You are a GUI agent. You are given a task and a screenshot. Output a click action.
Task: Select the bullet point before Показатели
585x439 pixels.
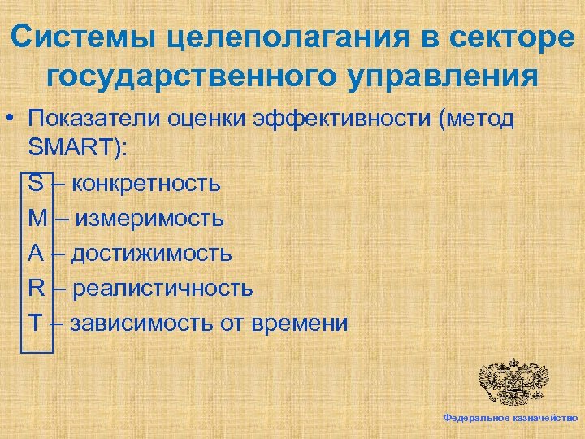click(x=14, y=120)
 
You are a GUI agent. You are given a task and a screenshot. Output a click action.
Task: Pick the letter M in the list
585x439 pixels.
click(x=37, y=218)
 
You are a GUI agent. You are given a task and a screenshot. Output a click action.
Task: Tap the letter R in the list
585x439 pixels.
click(x=36, y=288)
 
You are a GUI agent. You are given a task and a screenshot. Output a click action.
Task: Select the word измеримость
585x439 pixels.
click(x=151, y=218)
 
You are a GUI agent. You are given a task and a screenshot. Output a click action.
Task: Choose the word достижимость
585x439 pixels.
click(x=151, y=253)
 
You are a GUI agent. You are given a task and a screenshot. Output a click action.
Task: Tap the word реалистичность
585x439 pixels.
click(x=162, y=288)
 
